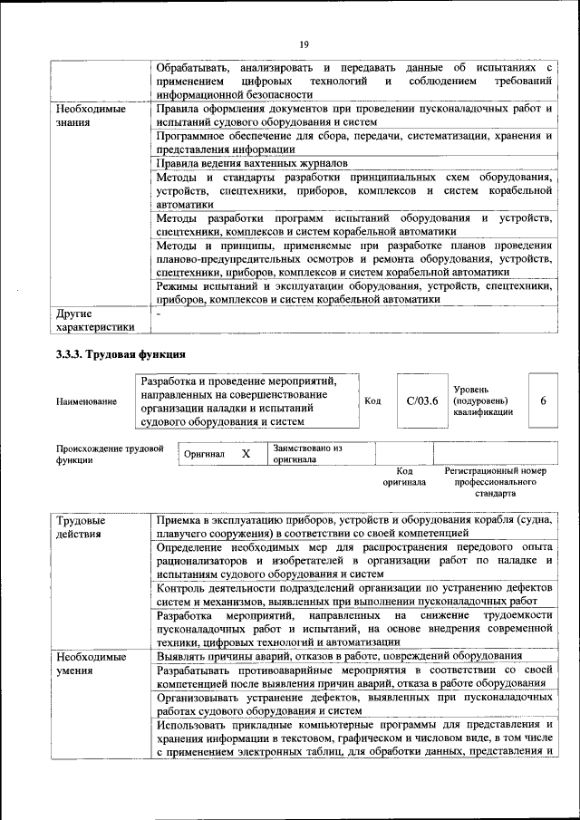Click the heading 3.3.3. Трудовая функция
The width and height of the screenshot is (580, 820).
[x=121, y=354]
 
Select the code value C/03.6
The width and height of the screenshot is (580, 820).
[x=422, y=400]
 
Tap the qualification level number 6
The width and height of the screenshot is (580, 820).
[x=543, y=400]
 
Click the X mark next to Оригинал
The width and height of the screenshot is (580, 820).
[x=245, y=453]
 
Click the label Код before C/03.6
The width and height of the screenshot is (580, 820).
[x=372, y=400]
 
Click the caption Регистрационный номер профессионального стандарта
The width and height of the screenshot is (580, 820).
[x=495, y=483]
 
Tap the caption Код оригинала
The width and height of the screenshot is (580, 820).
[x=403, y=478]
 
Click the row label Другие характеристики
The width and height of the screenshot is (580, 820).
[x=95, y=320]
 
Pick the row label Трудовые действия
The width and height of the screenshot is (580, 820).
[x=80, y=527]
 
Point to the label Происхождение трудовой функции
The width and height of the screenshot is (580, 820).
[x=109, y=453]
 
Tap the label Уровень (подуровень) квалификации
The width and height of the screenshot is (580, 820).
[x=483, y=400]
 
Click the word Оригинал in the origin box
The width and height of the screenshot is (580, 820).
[x=204, y=453]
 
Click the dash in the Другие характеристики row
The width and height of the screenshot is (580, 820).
[x=159, y=314]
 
